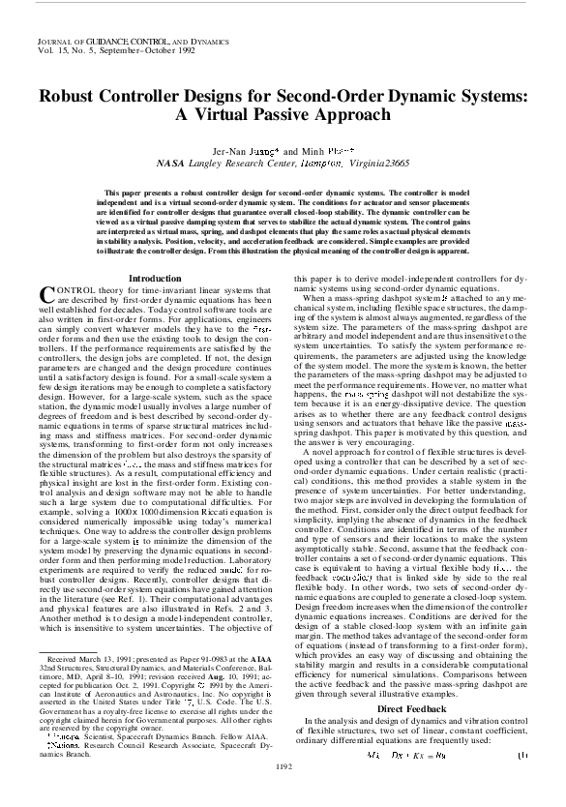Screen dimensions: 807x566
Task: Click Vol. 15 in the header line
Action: coord(47,54)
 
